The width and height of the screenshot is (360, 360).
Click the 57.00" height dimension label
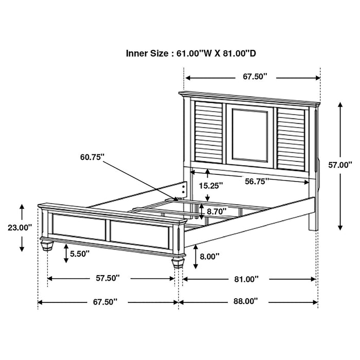coord(340,165)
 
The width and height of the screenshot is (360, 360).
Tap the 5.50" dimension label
coord(79,253)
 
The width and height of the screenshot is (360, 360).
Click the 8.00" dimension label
coord(209,256)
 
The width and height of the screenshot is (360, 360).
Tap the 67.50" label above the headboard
coord(256,77)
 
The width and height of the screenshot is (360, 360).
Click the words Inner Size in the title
coord(146,53)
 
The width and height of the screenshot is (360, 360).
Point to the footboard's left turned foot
coord(47,244)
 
